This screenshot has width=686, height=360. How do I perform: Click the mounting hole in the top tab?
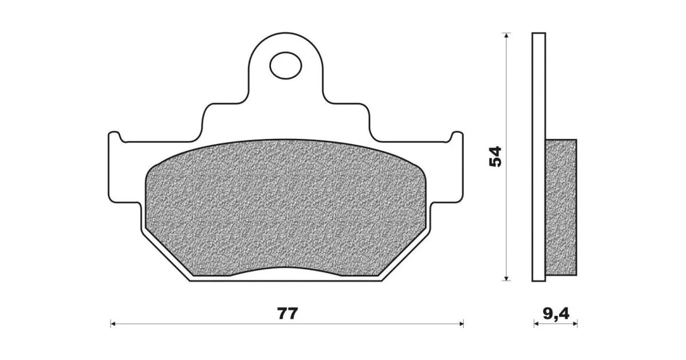point(286,66)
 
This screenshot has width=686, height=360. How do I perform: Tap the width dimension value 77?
point(287,314)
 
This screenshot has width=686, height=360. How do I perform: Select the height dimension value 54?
point(495,156)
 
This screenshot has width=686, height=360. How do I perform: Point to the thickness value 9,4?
point(556,314)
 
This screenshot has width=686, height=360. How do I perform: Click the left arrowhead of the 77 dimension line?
point(113,324)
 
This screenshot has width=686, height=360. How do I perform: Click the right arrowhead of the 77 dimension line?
point(460,324)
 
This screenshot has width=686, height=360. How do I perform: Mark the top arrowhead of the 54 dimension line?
point(506,36)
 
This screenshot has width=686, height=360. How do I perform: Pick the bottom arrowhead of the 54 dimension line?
point(506,277)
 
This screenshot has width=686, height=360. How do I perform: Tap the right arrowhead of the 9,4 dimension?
point(575,324)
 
